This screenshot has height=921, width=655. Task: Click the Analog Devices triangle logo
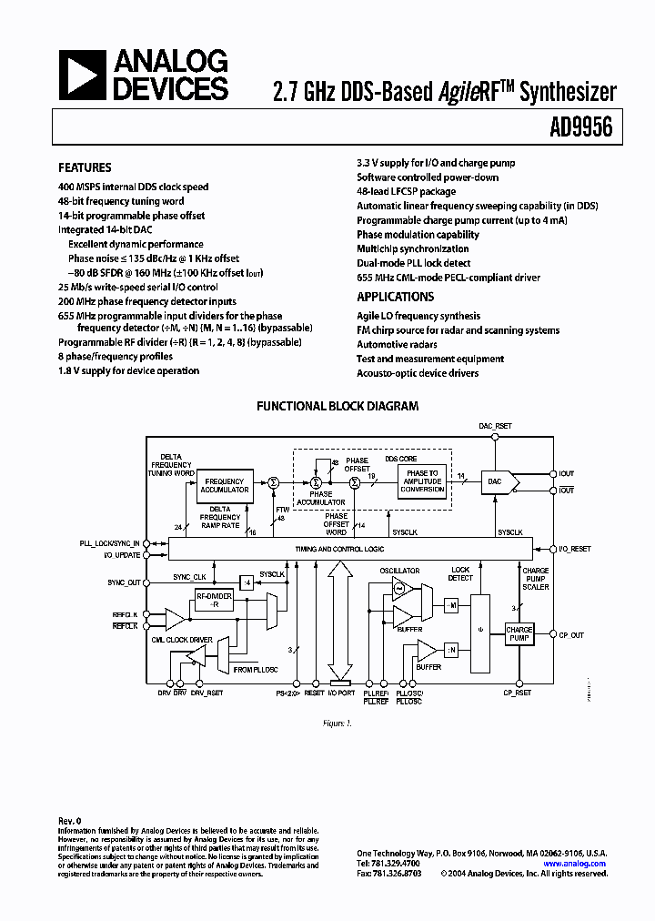click(81, 74)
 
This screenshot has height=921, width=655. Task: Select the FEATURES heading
click(85, 167)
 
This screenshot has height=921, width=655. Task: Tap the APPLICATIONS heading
click(395, 297)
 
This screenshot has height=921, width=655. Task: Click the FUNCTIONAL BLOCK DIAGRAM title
click(337, 406)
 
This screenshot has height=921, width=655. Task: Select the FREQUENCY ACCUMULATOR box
click(225, 485)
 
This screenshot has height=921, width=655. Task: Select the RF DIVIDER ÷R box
click(215, 600)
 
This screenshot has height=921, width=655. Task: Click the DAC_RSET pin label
click(496, 426)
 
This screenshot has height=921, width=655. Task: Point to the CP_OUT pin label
click(572, 635)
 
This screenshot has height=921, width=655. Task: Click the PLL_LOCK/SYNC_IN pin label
click(109, 542)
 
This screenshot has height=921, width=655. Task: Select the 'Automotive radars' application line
click(397, 344)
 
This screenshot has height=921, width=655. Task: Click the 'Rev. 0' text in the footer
click(70, 820)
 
